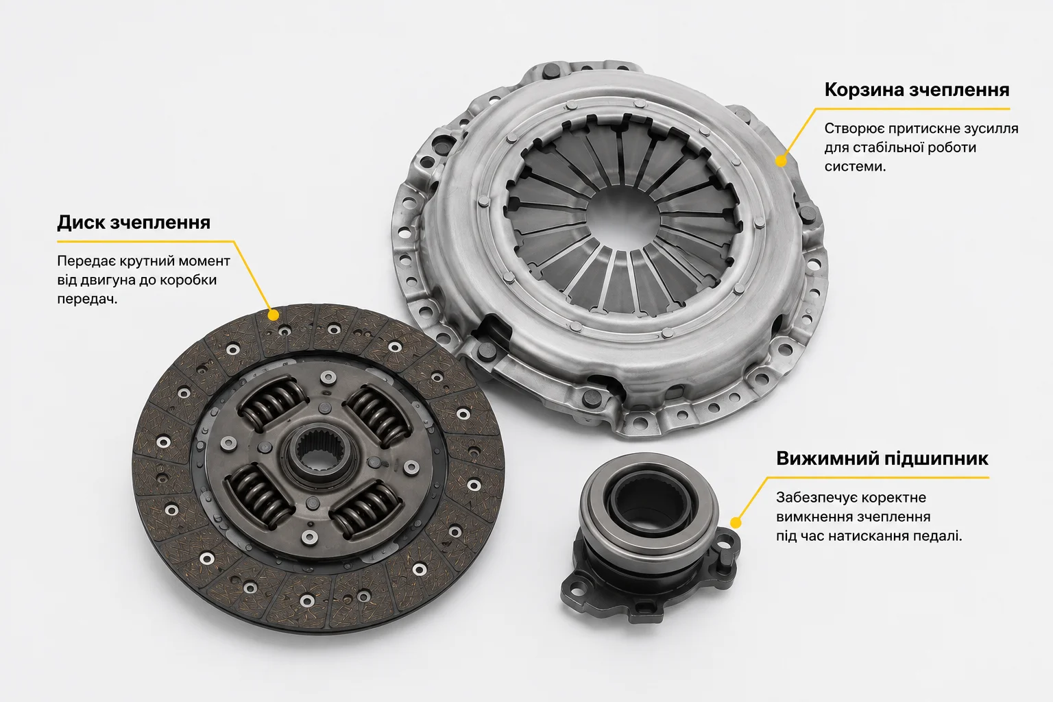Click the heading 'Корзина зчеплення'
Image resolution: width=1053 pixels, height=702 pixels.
[x=917, y=90]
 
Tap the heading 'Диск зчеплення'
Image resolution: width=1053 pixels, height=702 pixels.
[x=134, y=222]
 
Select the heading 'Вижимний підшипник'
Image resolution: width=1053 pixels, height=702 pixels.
[x=882, y=459]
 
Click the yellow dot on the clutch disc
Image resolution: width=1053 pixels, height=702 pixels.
[x=273, y=315]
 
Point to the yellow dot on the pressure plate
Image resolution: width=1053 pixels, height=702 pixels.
[x=781, y=161]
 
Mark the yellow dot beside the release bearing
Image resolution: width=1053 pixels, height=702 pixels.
[x=736, y=523]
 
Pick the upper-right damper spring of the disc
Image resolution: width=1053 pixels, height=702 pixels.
[x=379, y=414]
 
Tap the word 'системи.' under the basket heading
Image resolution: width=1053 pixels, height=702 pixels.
[x=855, y=167]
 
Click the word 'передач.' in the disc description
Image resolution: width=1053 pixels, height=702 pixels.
[x=87, y=299]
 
